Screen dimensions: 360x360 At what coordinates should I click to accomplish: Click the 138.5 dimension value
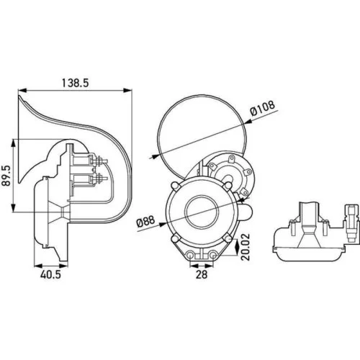[x=74, y=84]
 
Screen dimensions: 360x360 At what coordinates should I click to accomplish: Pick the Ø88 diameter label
[x=147, y=220]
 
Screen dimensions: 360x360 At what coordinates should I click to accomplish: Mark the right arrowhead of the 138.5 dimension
[x=132, y=91]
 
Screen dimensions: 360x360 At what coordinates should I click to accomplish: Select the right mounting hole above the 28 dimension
[x=213, y=256]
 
